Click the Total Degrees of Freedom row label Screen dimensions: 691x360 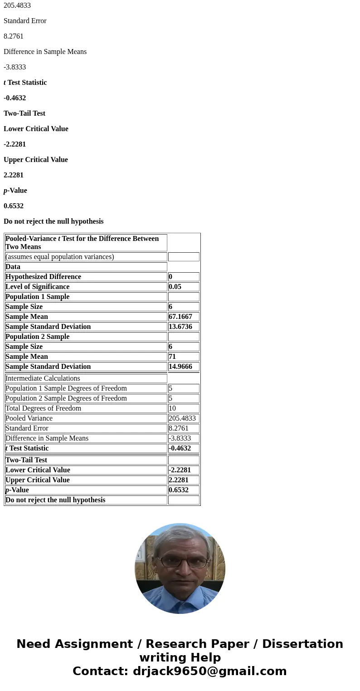coord(44,408)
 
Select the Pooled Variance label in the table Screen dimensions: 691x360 coord(29,418)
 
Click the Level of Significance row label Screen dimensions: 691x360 coord(38,287)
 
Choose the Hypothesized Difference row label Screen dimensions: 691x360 coord(44,277)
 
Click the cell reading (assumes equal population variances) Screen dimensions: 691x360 coord(60,257)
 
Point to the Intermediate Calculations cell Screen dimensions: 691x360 coord(43,378)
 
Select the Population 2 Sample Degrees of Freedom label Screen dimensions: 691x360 coord(66,398)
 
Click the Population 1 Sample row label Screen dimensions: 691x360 coord(38,297)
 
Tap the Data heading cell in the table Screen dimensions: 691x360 coord(13,267)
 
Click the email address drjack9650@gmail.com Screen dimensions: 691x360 coord(209,671)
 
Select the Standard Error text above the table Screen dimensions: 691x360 coord(25,21)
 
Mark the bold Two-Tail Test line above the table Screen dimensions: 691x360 coord(24,113)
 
